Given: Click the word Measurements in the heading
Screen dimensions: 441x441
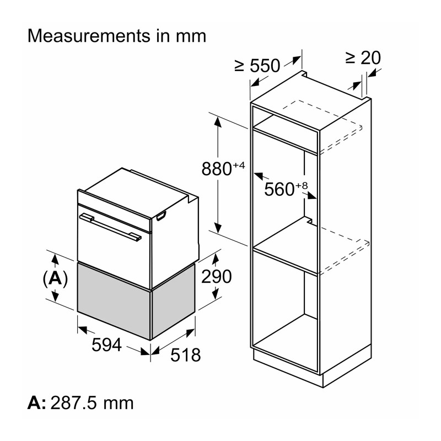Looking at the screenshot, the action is (x=89, y=36).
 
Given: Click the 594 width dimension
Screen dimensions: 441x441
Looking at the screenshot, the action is (x=106, y=345).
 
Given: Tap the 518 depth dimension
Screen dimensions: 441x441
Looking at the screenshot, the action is (x=186, y=354).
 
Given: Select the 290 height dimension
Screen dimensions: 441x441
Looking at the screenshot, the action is (x=217, y=277).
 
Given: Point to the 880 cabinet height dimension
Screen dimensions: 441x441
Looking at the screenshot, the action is (x=217, y=169).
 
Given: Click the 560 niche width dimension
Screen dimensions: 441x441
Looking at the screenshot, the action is (x=279, y=189).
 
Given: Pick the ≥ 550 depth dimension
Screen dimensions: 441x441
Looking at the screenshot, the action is (x=257, y=66).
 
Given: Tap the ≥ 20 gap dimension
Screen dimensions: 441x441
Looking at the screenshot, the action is (x=363, y=58).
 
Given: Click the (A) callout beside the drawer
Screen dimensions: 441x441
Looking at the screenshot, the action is (x=55, y=278).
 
